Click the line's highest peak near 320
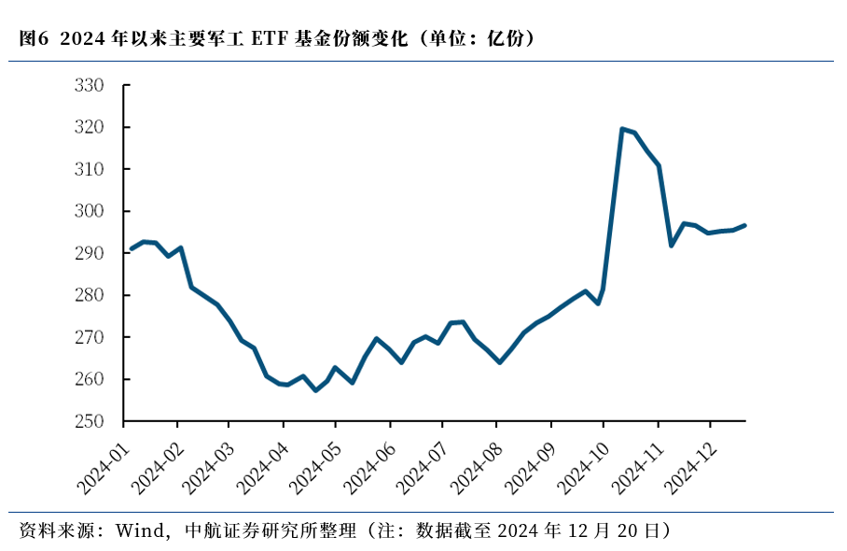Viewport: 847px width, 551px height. click(622, 129)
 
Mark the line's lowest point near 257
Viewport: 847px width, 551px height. click(315, 390)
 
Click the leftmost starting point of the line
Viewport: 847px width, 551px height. click(131, 248)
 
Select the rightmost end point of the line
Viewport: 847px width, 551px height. click(744, 225)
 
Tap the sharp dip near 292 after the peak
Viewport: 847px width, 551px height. click(672, 246)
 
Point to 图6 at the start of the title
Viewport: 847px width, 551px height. click(33, 38)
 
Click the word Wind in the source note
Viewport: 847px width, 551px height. click(136, 531)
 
